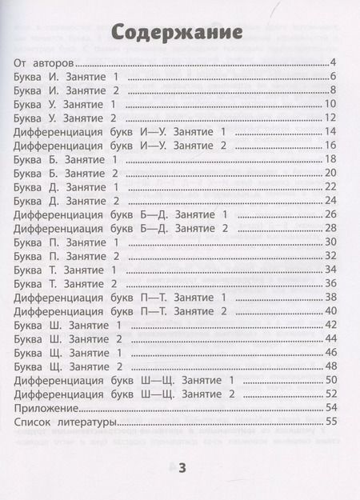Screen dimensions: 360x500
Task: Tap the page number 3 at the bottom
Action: (182, 468)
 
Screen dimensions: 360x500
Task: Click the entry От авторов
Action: (44, 62)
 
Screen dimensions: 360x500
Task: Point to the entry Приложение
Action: (47, 407)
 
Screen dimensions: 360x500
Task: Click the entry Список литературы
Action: (66, 422)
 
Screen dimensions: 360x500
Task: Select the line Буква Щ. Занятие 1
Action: (70, 352)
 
